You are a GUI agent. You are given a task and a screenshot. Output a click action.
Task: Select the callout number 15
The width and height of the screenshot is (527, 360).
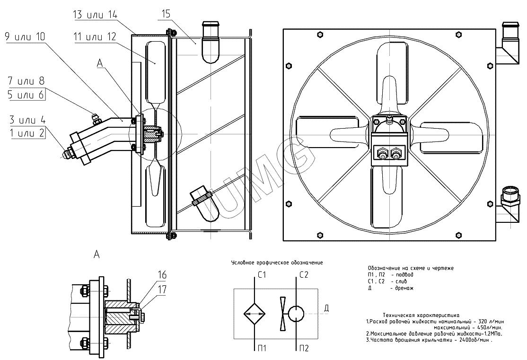(x=165, y=14)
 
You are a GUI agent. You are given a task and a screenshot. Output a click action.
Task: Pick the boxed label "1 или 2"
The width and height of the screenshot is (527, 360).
(x=26, y=133)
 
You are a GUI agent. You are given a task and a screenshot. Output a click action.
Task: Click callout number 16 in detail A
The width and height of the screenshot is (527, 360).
(x=162, y=275)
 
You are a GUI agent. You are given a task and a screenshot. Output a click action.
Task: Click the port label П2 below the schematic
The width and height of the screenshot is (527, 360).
(x=304, y=349)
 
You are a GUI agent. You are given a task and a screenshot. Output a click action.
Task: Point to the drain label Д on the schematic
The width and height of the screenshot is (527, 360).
(x=326, y=309)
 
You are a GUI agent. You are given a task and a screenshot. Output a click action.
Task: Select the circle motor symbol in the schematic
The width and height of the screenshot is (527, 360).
(x=297, y=313)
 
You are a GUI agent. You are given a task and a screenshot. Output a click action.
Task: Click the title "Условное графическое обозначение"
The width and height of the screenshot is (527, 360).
(x=277, y=262)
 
